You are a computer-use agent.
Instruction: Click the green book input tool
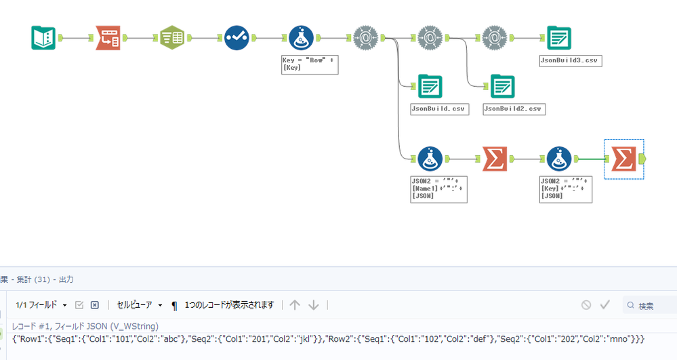(x=43, y=38)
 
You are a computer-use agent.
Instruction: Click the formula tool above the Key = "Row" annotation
(x=301, y=38)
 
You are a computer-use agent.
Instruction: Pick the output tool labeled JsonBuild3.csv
(x=559, y=38)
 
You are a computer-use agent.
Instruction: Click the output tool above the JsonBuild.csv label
(x=430, y=86)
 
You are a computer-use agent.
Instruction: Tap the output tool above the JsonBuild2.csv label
(x=502, y=86)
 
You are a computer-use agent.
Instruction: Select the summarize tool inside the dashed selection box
(x=623, y=159)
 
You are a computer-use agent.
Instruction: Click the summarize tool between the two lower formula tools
(x=495, y=159)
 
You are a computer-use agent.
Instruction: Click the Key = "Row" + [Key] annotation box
(x=309, y=64)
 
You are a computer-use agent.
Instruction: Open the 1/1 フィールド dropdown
(x=41, y=306)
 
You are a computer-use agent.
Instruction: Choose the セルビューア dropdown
(x=140, y=306)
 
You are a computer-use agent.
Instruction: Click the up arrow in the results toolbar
(x=294, y=305)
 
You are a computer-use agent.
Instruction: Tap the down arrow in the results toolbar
(x=313, y=305)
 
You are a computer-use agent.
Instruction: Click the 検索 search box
(x=651, y=306)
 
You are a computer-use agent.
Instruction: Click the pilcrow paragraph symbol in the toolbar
(x=174, y=306)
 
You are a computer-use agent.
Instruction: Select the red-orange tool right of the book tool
(x=108, y=38)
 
